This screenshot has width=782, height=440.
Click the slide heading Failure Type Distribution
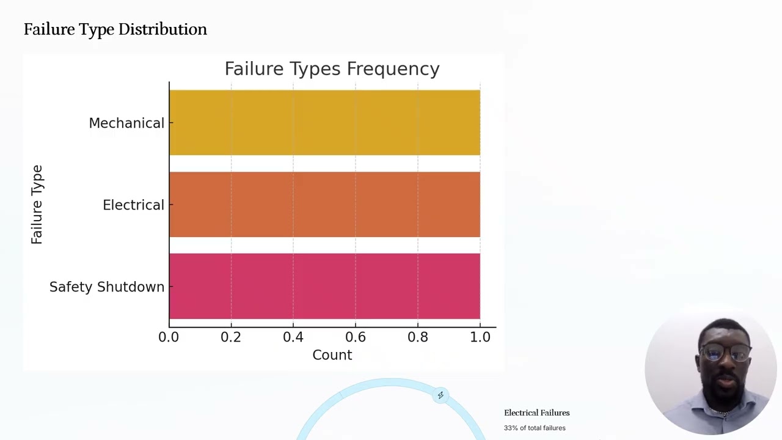(x=115, y=29)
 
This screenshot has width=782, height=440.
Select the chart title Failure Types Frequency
(x=332, y=69)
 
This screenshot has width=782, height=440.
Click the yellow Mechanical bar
(x=324, y=122)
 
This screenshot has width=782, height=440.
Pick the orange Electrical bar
(x=324, y=204)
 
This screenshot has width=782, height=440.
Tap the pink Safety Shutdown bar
(x=324, y=286)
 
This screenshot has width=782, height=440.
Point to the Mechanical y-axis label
(x=126, y=123)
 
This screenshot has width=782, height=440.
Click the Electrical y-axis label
(x=133, y=205)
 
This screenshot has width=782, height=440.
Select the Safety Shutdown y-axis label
(x=107, y=287)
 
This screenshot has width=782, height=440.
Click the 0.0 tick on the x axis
(x=169, y=337)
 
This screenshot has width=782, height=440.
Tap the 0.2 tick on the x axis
(x=231, y=337)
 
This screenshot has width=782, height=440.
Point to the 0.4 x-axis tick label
(x=293, y=337)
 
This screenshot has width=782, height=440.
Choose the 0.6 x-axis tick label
(x=356, y=337)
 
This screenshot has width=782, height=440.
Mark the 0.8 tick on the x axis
(x=418, y=337)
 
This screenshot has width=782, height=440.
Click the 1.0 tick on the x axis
(x=480, y=337)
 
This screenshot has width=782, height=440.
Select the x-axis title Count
(x=332, y=355)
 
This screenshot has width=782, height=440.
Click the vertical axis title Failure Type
(x=37, y=205)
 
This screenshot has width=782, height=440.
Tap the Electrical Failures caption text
(x=536, y=413)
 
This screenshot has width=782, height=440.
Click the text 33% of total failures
(x=535, y=428)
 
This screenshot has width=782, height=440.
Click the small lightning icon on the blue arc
(x=440, y=395)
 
